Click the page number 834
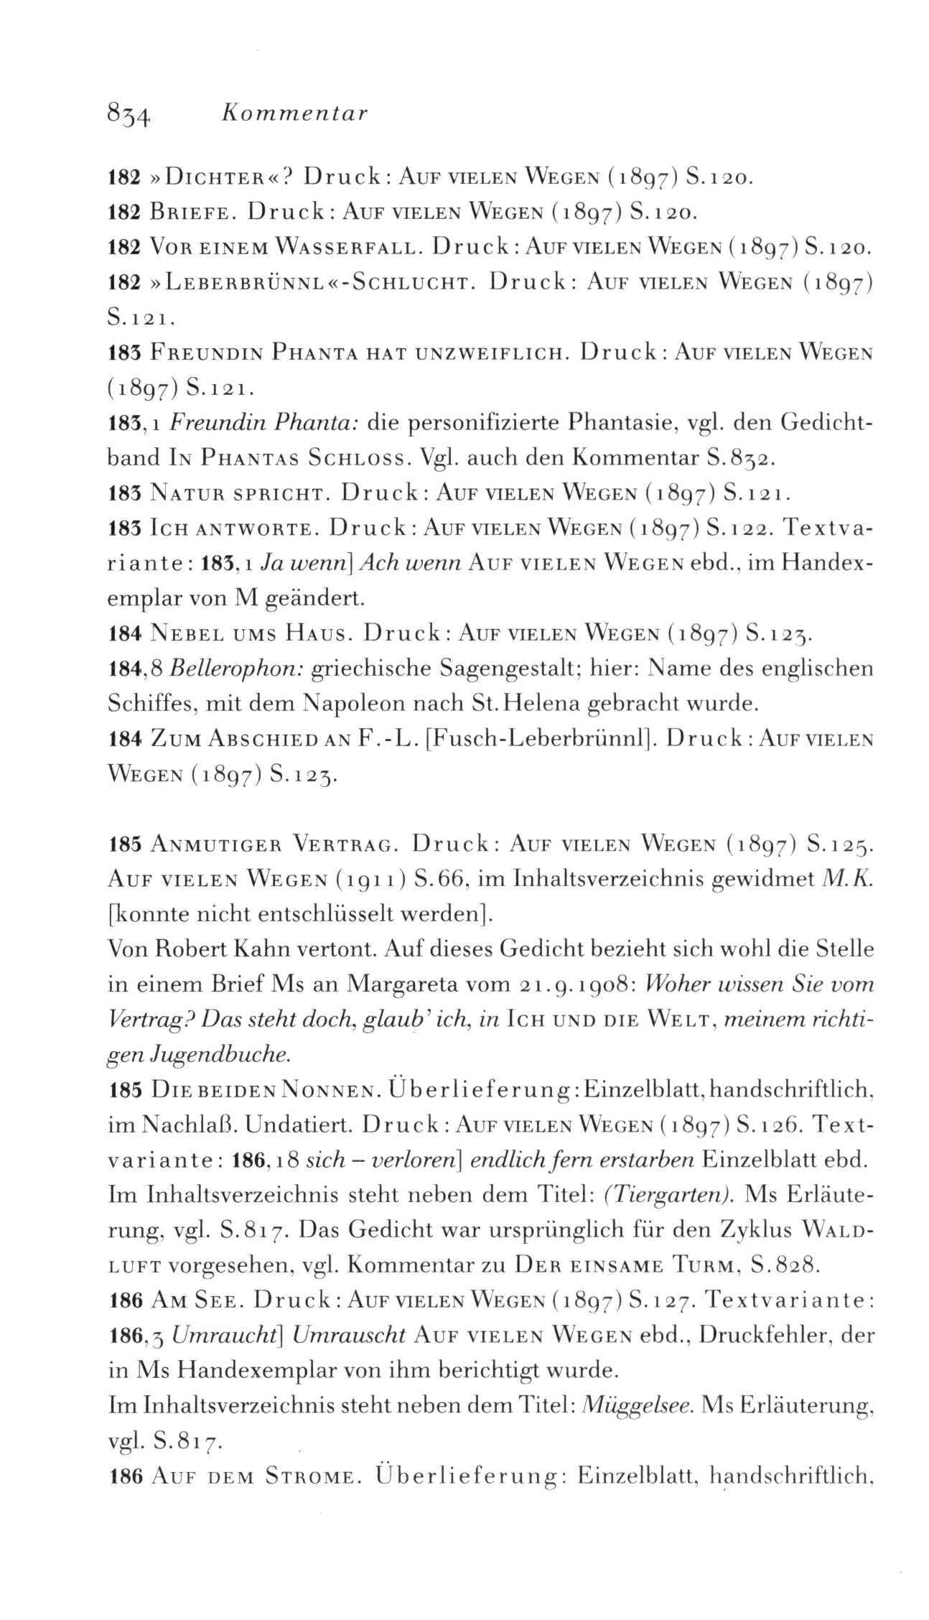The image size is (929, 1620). [x=127, y=114]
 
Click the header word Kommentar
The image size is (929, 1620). [x=296, y=113]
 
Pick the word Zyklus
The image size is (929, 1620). [x=768, y=1229]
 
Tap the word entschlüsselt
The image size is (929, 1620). [x=341, y=915]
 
